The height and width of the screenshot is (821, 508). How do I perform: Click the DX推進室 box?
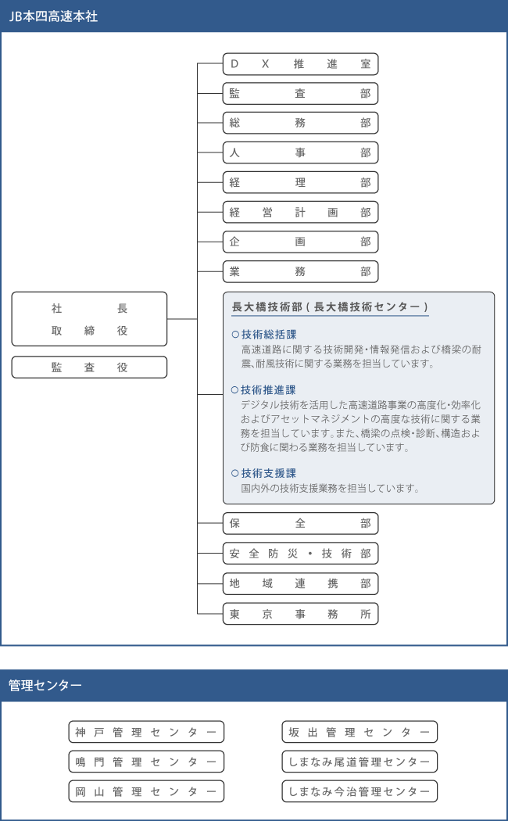[300, 64]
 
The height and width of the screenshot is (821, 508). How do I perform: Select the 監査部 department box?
[300, 94]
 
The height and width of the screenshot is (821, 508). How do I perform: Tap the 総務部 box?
[300, 123]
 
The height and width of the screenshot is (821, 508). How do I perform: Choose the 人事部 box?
[300, 152]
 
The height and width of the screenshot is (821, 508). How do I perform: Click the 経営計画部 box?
[300, 212]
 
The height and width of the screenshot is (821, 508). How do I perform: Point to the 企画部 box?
[300, 242]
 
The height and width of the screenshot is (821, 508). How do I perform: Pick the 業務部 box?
[300, 271]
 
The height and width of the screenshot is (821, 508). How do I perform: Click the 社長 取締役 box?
[89, 319]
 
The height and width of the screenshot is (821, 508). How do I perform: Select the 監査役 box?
[89, 367]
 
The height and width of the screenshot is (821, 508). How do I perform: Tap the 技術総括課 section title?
[268, 335]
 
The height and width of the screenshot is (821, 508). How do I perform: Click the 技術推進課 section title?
[268, 390]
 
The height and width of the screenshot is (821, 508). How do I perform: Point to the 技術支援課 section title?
[268, 473]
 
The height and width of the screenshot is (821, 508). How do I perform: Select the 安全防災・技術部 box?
[300, 554]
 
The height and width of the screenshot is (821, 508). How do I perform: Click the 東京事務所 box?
[300, 614]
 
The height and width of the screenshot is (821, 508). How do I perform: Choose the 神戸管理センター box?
[146, 732]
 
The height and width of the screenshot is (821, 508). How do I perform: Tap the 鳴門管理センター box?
[146, 762]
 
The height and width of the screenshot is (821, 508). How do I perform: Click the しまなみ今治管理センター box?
[359, 791]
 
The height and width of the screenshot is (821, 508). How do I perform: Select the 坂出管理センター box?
[359, 732]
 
